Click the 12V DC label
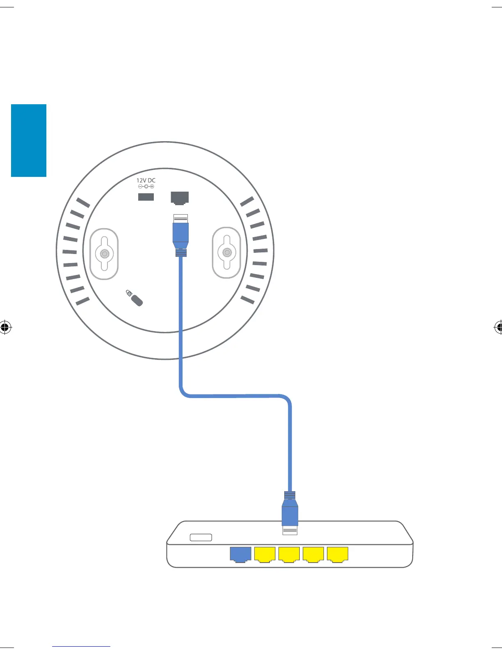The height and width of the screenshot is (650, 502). coord(146,180)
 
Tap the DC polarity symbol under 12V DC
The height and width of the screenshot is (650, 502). coord(146,187)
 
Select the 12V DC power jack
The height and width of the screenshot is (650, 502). coord(146,197)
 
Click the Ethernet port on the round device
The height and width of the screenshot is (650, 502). coord(180,198)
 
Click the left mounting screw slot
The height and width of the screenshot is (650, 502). coord(105,254)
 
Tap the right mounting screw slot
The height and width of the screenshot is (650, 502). coord(226,252)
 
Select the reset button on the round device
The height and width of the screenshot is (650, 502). coord(137,301)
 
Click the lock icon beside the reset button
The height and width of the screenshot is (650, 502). coord(129,293)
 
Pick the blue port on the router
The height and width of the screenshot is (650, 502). coord(240,554)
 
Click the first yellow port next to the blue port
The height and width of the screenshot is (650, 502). coord(265,554)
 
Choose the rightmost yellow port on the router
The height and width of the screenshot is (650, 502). coord(338,554)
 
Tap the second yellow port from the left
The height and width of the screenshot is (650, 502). coord(289,554)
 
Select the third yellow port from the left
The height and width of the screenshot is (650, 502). coord(313,554)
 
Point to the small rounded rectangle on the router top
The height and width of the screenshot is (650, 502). coord(201,538)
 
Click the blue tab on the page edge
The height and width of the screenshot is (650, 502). coord(29,140)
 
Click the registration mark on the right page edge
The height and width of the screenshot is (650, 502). coord(498,327)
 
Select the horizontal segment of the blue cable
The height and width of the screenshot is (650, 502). coord(236,396)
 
